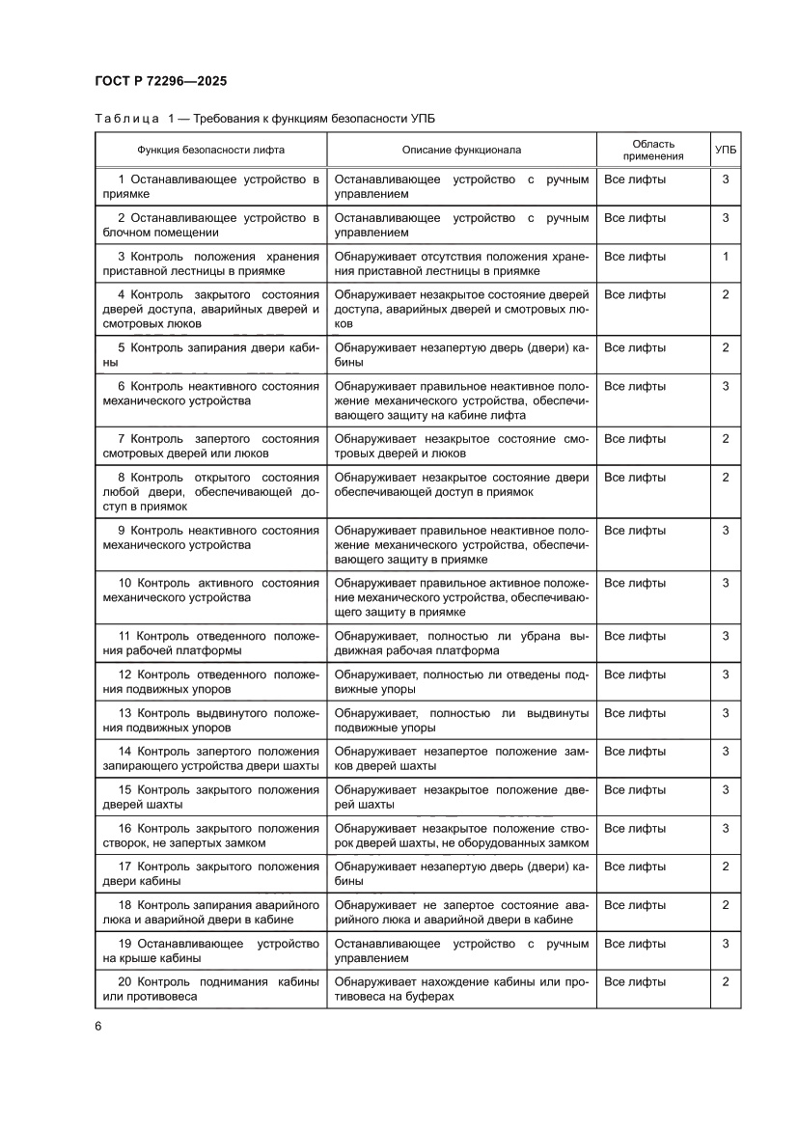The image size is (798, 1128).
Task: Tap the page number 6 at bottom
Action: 98,1025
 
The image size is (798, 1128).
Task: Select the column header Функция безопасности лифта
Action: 210,150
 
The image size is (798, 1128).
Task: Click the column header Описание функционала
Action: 461,150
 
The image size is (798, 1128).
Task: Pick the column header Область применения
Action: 652,150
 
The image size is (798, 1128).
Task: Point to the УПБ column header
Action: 726,150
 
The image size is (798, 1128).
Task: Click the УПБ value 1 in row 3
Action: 726,257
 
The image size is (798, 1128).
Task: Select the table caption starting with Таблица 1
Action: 264,119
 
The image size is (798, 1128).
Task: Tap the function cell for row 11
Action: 210,643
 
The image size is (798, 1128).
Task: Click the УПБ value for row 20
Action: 726,981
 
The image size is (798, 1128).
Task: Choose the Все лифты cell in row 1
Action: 635,179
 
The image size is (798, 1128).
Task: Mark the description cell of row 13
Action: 461,720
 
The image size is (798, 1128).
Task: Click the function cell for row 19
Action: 210,950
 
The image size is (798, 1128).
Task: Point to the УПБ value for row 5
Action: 726,347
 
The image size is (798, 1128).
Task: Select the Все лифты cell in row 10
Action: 635,583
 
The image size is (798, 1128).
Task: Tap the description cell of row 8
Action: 461,484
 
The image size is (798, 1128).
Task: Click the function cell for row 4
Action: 210,309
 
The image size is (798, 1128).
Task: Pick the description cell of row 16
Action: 461,836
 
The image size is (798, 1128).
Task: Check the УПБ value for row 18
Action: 726,905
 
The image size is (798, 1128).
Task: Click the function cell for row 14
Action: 210,758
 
